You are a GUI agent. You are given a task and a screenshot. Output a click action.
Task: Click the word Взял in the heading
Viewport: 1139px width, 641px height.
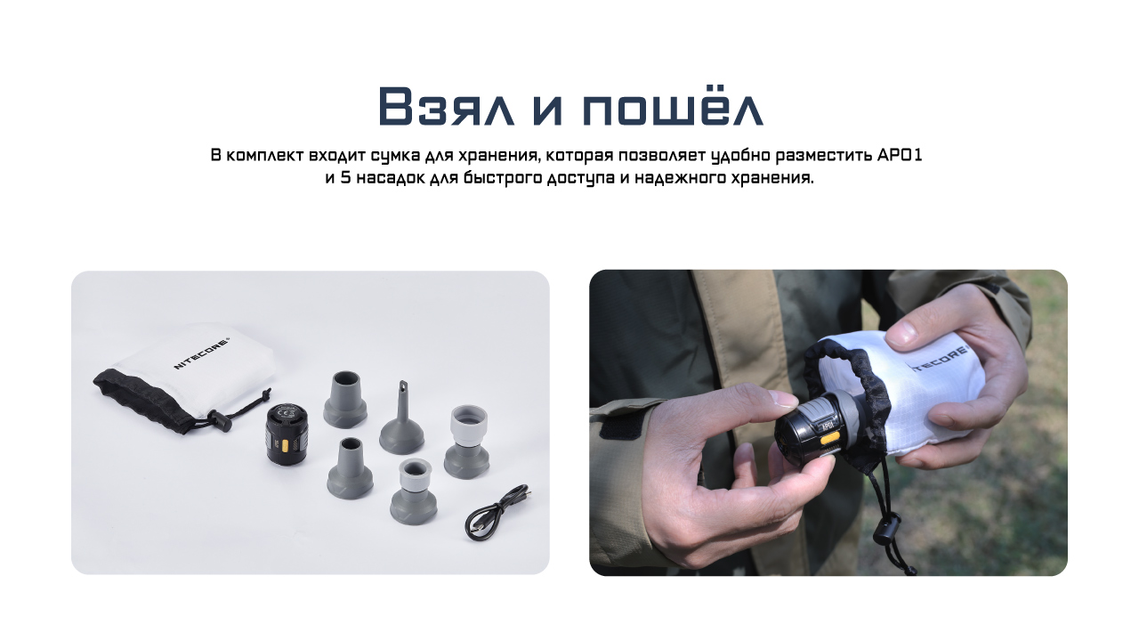point(447,106)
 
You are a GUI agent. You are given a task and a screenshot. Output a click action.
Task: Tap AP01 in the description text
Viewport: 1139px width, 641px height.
point(900,155)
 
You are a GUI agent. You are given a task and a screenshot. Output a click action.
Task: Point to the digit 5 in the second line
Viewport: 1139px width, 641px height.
point(346,178)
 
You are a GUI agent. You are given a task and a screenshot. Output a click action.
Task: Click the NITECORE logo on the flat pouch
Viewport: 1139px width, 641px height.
point(202,352)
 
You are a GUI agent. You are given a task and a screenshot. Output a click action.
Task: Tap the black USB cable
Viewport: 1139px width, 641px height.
point(498,512)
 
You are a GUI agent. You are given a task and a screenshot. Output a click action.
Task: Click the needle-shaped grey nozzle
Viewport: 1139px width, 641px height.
point(401,418)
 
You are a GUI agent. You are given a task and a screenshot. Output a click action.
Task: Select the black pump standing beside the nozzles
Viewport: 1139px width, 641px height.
point(287,433)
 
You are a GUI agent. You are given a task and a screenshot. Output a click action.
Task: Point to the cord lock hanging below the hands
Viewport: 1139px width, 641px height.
point(887,530)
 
